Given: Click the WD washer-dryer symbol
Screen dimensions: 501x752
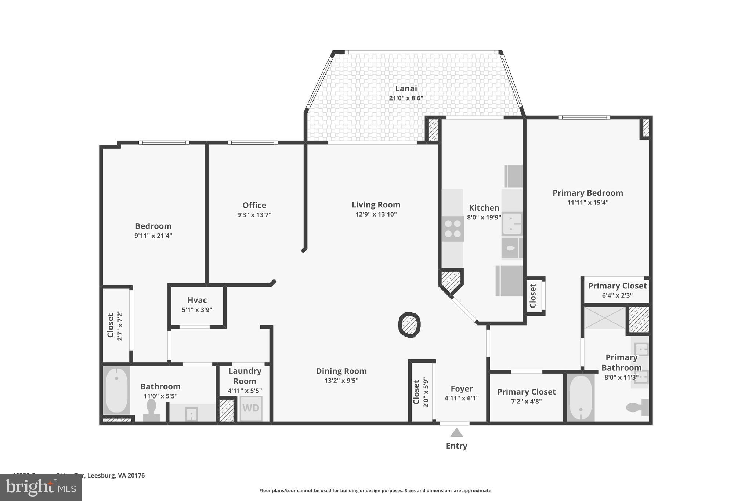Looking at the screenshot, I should pyautogui.click(x=251, y=408).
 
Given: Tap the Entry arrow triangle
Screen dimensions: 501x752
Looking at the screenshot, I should pyautogui.click(x=456, y=433).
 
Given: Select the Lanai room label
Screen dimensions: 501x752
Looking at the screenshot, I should pyautogui.click(x=406, y=88).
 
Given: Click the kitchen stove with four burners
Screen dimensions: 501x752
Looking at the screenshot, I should pyautogui.click(x=452, y=229).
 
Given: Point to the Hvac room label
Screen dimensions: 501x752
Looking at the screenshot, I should pyautogui.click(x=197, y=300).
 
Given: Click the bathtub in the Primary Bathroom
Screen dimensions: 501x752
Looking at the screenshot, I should pyautogui.click(x=580, y=397).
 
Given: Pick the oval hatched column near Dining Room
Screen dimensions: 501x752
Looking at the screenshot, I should pyautogui.click(x=409, y=325).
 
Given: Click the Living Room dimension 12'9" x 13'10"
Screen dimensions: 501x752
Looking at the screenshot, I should pyautogui.click(x=376, y=214).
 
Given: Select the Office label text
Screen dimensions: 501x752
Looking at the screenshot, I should pyautogui.click(x=254, y=205).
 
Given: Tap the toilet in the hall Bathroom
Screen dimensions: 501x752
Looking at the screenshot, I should pyautogui.click(x=151, y=410).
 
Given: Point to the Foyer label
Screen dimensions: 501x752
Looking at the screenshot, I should pyautogui.click(x=462, y=389).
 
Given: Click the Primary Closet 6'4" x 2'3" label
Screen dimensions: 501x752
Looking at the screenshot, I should pyautogui.click(x=617, y=286).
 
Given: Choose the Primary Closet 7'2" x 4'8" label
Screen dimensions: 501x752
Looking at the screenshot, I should pyautogui.click(x=526, y=392).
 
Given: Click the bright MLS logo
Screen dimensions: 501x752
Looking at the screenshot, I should pyautogui.click(x=41, y=487).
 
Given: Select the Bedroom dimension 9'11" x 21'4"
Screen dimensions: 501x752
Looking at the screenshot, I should pyautogui.click(x=153, y=236).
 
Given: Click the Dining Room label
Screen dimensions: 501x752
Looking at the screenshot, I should pyautogui.click(x=341, y=371).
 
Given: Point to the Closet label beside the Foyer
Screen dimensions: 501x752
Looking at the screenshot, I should pyautogui.click(x=416, y=392).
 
